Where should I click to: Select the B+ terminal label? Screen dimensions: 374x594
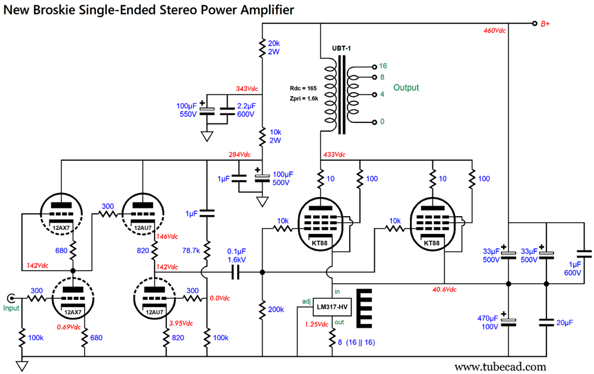coord(545,24)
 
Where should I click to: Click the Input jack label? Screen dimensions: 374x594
coord(10,308)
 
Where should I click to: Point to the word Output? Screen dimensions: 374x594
coord(406,87)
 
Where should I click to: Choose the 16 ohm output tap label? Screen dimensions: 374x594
coord(383,66)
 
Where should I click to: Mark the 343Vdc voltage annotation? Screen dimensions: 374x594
coord(247,89)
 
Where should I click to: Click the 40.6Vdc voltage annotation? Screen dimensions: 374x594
coord(443,290)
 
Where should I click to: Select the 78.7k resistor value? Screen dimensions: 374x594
coord(191,251)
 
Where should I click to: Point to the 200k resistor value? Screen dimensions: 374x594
coord(276,309)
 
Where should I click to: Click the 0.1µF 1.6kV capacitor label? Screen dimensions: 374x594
coord(236,255)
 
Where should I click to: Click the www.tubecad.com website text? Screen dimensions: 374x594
coord(500,366)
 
